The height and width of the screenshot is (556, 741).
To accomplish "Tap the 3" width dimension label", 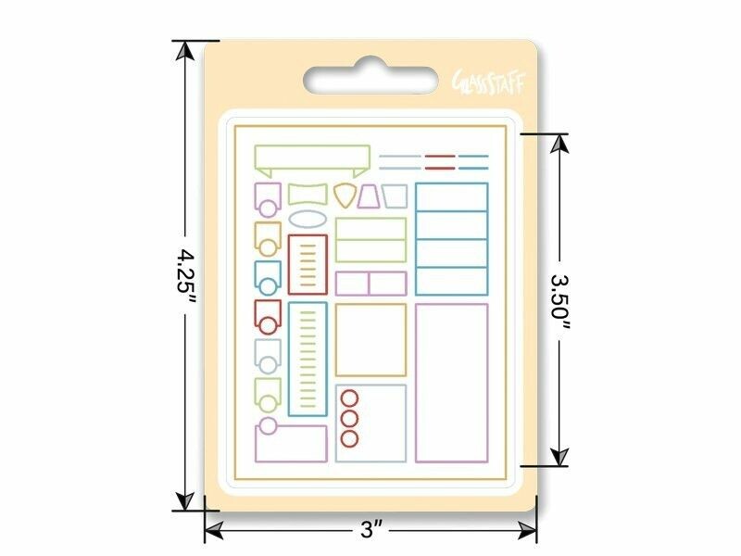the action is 371,529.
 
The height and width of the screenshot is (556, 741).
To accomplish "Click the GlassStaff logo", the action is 489,82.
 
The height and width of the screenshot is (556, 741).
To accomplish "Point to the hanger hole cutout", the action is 370,78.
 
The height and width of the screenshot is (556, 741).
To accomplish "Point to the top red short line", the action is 440,156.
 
